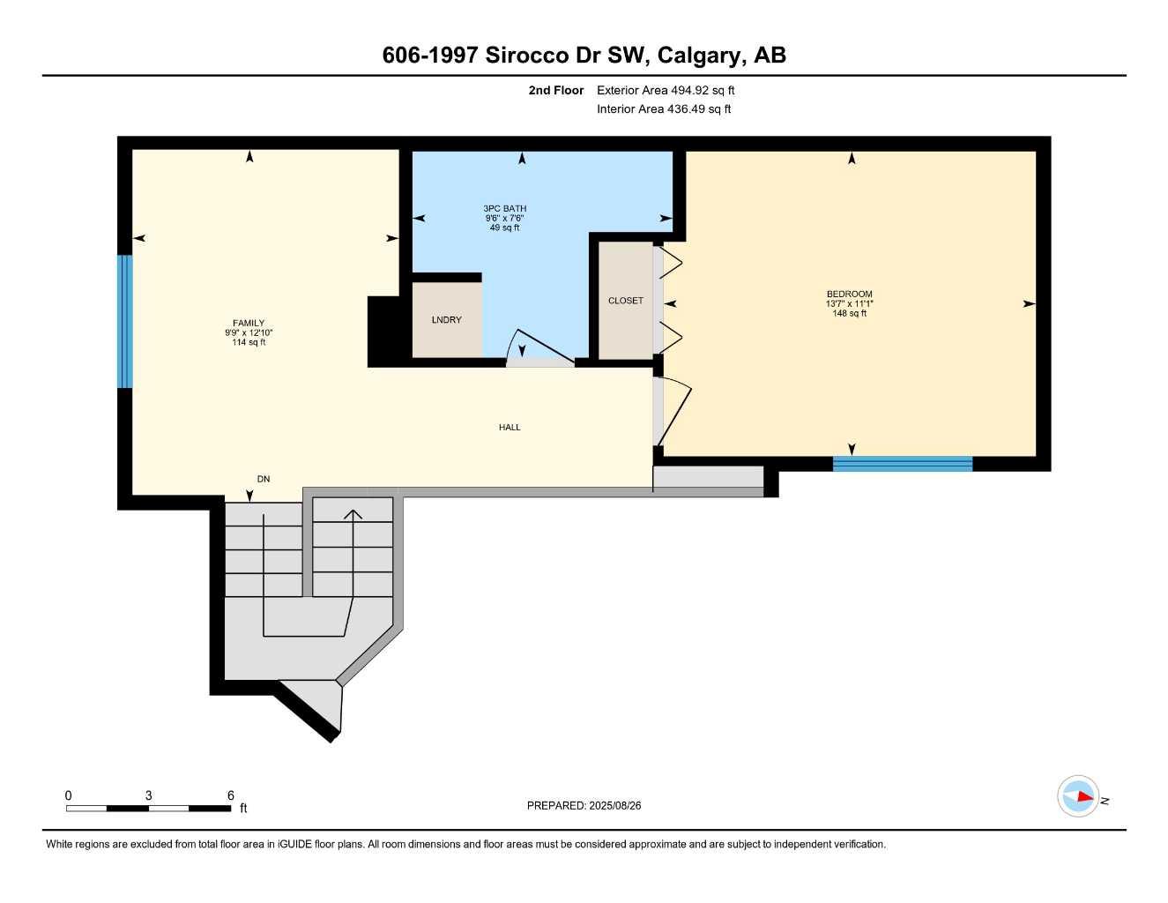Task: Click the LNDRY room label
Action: click(446, 320)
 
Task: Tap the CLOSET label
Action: click(625, 301)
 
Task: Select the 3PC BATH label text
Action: click(504, 209)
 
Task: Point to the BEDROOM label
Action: click(849, 295)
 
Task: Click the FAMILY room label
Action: click(249, 324)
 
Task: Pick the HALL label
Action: click(510, 428)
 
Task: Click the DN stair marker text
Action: click(263, 480)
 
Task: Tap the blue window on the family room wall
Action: click(125, 322)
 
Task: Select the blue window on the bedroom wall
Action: click(902, 464)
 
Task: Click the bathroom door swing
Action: click(539, 348)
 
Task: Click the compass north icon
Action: click(1079, 796)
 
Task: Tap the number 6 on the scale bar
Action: click(231, 795)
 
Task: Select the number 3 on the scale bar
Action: click(148, 795)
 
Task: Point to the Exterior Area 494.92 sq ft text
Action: click(666, 90)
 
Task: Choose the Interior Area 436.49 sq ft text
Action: click(664, 109)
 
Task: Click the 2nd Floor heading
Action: click(555, 90)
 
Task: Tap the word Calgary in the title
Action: click(699, 56)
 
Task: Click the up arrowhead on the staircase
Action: click(353, 514)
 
